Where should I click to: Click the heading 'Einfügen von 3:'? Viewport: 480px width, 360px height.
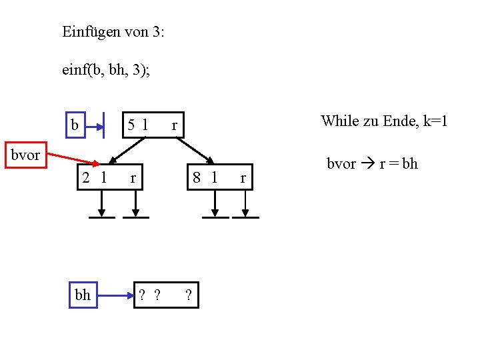point(113,31)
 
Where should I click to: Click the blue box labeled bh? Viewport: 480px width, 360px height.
point(83,295)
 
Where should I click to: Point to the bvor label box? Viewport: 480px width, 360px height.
point(25,156)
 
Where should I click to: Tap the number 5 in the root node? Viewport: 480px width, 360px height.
point(133,124)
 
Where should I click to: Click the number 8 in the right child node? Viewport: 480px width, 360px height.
point(197,178)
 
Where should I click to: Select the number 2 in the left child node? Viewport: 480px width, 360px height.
point(86,178)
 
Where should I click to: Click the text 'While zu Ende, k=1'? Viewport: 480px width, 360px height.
point(384,121)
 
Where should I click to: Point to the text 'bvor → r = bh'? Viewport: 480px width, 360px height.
point(372,164)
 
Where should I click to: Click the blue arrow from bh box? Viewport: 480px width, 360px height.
point(114,295)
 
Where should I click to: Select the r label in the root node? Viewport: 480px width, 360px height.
point(174,125)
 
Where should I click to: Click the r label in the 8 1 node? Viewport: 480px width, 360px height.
point(243,178)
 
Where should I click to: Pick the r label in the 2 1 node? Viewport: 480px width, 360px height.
point(133,178)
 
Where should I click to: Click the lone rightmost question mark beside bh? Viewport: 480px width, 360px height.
point(189,295)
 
